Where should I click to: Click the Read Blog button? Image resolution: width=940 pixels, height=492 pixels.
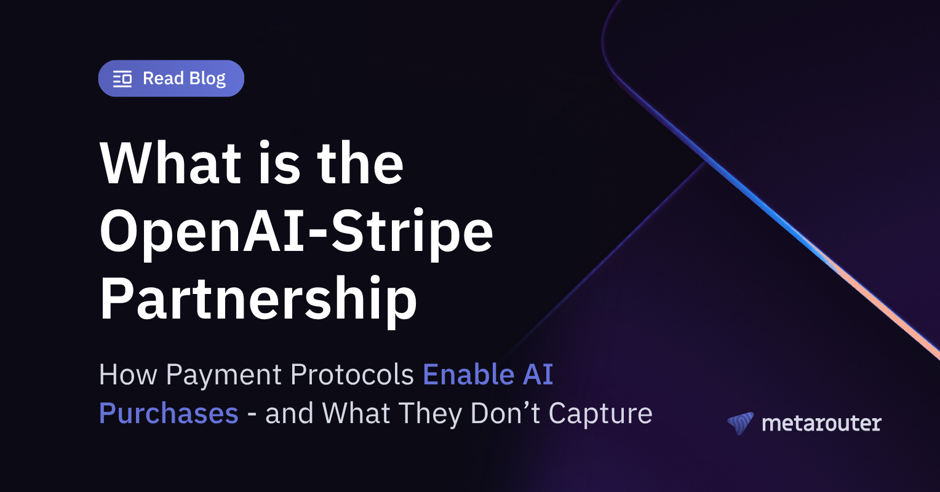(x=171, y=79)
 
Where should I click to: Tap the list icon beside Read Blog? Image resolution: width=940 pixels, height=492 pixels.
(x=122, y=79)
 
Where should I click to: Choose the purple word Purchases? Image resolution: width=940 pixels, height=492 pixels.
(x=169, y=413)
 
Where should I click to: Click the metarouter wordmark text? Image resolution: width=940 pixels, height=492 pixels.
(x=821, y=423)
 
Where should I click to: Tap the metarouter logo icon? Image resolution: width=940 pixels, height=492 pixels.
(x=740, y=423)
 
